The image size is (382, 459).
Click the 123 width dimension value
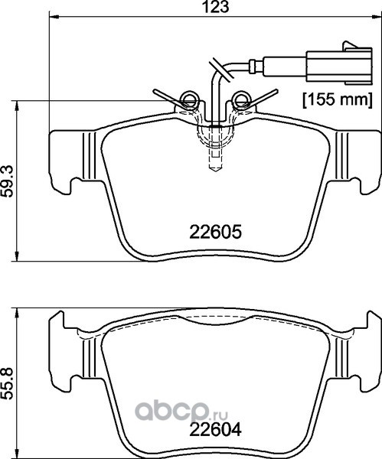tap(215, 6)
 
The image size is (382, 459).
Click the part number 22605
tap(216, 232)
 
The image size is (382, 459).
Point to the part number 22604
tap(216, 430)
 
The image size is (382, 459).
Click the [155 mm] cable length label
tap(338, 99)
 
